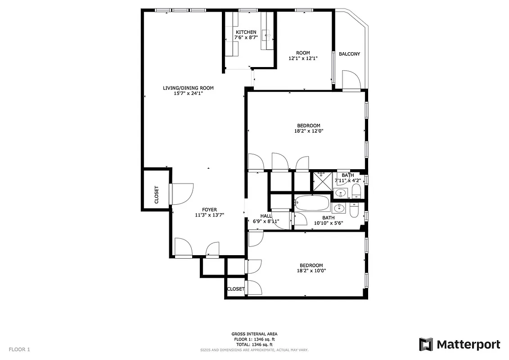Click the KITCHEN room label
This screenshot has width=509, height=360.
click(246, 32)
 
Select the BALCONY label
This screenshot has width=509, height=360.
click(349, 54)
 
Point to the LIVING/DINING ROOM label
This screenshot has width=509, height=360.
click(188, 88)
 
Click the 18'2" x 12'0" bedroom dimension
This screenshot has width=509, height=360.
click(308, 131)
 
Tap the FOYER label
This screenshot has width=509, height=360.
click(209, 210)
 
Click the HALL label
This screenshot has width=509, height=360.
click(266, 216)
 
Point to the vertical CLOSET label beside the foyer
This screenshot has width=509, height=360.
click(157, 195)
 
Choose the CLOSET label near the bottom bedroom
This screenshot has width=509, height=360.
click(235, 289)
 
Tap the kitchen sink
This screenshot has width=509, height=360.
click(267, 33)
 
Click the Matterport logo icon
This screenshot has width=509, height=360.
click(426, 344)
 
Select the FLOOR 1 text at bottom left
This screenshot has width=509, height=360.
click(19, 349)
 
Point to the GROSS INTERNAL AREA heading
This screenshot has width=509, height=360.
click(254, 334)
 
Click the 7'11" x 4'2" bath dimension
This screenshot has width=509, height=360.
click(347, 180)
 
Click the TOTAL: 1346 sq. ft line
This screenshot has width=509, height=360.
click(254, 344)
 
